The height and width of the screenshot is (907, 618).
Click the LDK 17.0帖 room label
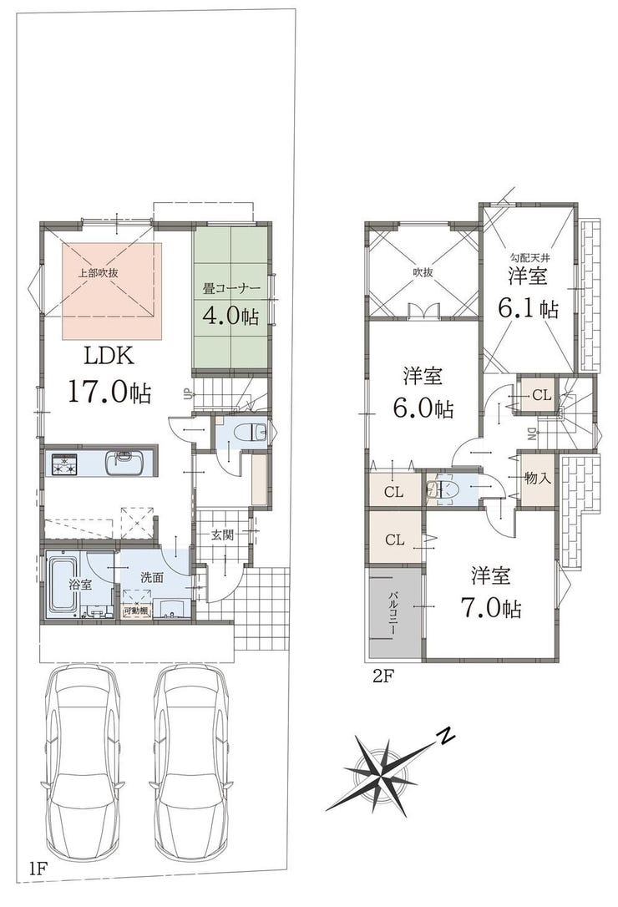pyautogui.click(x=109, y=374)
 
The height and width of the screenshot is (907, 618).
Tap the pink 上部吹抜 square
pyautogui.click(x=112, y=291)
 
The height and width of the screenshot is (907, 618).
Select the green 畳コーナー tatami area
pyautogui.click(x=230, y=296)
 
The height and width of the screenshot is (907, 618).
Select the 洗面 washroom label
pyautogui.click(x=152, y=577)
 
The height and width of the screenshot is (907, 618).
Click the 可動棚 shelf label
pyautogui.click(x=136, y=611)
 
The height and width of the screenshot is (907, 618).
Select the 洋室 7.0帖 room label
pyautogui.click(x=491, y=592)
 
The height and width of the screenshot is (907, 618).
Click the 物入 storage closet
pyautogui.click(x=538, y=479)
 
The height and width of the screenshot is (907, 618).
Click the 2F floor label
pyautogui.click(x=382, y=676)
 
